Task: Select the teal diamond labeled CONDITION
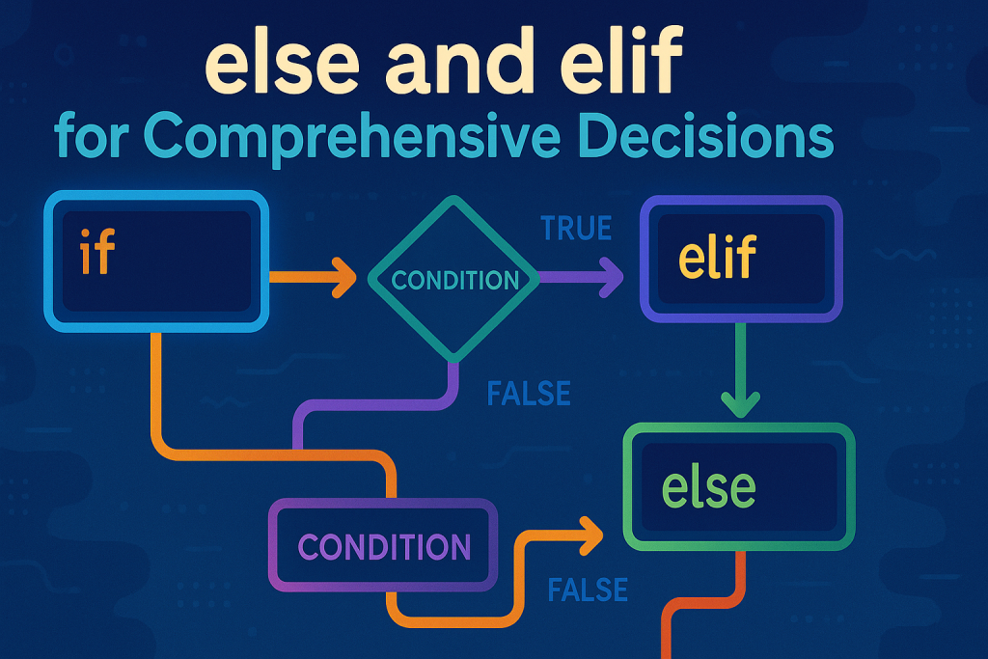point(453,280)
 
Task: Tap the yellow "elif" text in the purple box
point(717,259)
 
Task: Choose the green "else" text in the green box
point(709,488)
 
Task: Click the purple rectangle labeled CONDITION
point(384,546)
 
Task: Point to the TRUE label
point(576,229)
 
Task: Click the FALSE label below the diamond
point(528,394)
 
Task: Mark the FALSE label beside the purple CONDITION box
point(587,589)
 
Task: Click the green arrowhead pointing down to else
point(739,402)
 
